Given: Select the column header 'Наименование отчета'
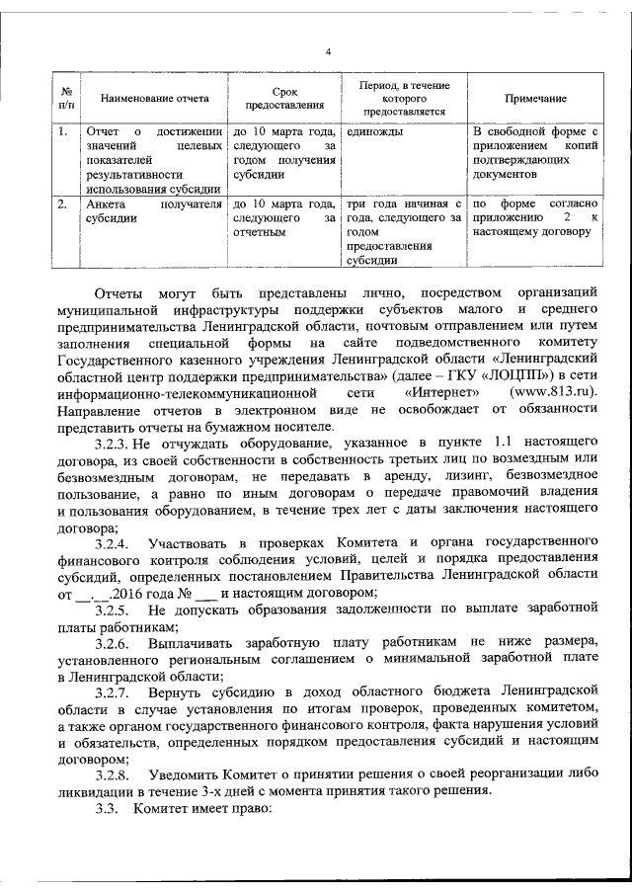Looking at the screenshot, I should pos(154,100).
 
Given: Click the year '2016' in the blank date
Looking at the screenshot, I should pos(134,593).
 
